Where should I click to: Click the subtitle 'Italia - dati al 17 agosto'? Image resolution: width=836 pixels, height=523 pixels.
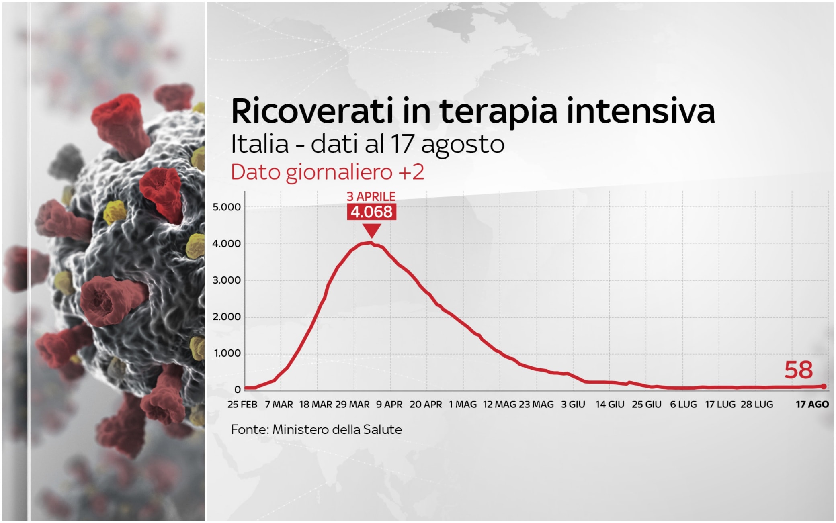(367, 144)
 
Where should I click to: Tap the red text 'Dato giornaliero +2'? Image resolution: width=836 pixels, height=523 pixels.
(327, 172)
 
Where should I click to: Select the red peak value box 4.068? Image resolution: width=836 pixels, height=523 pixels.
(371, 212)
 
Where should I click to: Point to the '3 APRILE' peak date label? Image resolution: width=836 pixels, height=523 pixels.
(371, 196)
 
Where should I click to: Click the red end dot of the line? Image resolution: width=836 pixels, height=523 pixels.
(824, 386)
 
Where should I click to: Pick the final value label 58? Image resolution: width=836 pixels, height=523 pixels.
(798, 370)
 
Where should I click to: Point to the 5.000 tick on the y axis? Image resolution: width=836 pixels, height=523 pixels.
(226, 207)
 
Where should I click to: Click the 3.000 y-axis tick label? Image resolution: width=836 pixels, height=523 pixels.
(226, 280)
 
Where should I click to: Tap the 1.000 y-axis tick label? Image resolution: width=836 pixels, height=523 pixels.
(227, 353)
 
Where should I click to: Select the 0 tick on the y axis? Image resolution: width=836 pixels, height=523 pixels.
(238, 390)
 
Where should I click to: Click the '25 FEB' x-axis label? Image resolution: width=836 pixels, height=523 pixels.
(242, 405)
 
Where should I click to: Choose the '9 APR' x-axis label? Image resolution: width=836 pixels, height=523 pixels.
(389, 405)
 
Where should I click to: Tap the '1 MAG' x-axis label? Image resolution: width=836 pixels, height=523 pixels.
(463, 405)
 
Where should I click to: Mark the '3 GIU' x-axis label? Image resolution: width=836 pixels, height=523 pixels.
(573, 405)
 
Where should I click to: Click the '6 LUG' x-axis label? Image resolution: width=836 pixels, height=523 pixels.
(683, 405)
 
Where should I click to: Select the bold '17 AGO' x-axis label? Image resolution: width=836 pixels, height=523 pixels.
(812, 405)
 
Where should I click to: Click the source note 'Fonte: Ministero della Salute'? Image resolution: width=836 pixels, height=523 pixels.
(316, 430)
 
